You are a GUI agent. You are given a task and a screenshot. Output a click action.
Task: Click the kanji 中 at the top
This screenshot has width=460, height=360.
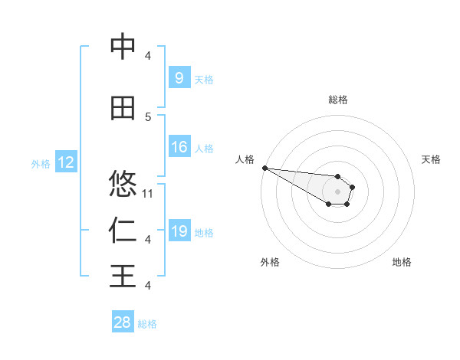(123, 47)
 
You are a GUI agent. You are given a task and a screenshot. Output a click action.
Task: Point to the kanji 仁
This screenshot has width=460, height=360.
(123, 230)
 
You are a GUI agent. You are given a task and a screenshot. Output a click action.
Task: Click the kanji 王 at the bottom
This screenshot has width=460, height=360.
(123, 276)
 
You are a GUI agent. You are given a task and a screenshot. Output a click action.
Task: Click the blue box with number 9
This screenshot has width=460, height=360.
(179, 78)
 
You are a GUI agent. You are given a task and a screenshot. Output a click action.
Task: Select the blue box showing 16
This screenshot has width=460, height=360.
(179, 147)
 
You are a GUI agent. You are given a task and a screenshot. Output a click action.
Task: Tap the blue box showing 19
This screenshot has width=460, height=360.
(179, 231)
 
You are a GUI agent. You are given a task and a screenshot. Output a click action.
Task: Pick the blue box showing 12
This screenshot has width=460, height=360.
(65, 162)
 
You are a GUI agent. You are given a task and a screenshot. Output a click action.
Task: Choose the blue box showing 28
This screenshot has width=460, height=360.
(123, 322)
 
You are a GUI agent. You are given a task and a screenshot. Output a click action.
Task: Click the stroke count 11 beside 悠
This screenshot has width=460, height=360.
(149, 193)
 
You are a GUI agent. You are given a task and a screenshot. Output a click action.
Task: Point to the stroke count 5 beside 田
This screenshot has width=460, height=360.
(149, 117)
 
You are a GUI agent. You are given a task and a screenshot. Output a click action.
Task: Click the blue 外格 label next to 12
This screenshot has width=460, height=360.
(41, 163)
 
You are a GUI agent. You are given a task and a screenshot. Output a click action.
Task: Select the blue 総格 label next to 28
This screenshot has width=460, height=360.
(147, 324)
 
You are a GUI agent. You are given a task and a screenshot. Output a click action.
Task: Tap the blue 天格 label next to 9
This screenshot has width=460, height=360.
(204, 79)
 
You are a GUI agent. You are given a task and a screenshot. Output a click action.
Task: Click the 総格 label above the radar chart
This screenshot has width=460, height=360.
(338, 100)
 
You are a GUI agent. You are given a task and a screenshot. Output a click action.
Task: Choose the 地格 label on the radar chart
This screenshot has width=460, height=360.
(402, 262)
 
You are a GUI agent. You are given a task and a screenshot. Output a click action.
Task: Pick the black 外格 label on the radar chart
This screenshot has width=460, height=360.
(270, 262)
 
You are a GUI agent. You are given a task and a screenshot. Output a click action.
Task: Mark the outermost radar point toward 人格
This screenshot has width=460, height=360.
(264, 168)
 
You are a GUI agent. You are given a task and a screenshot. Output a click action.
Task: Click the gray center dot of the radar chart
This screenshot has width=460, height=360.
(337, 191)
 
